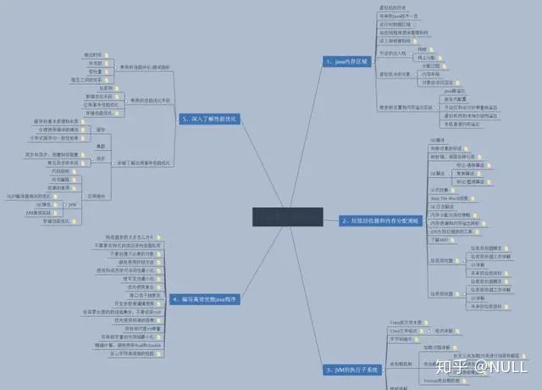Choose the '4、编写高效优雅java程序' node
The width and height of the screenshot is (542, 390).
click(204, 299)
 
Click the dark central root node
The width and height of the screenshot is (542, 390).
click(288, 218)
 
